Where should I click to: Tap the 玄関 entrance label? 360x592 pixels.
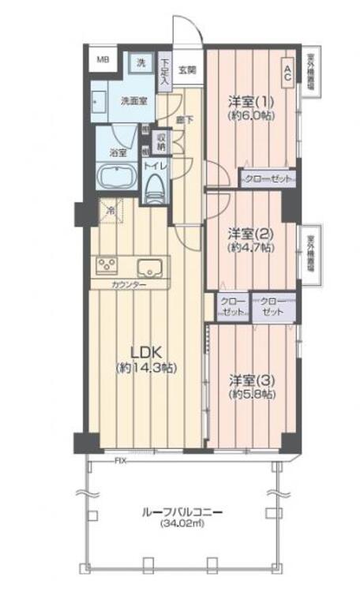coord(187,70)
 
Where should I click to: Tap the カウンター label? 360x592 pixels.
coord(128,284)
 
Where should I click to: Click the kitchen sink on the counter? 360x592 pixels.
coord(149,265)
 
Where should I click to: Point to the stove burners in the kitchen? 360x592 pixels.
coord(107,264)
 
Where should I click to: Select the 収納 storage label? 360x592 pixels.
coord(161,143)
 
